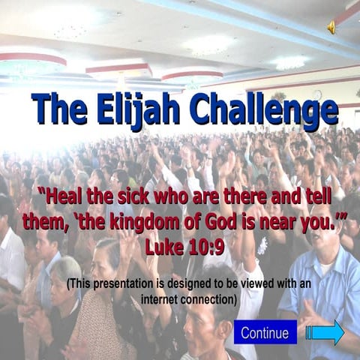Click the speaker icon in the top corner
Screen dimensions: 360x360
[x=331, y=27]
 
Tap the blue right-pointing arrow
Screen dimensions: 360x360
[x=325, y=332]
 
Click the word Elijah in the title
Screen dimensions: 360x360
[x=140, y=110]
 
